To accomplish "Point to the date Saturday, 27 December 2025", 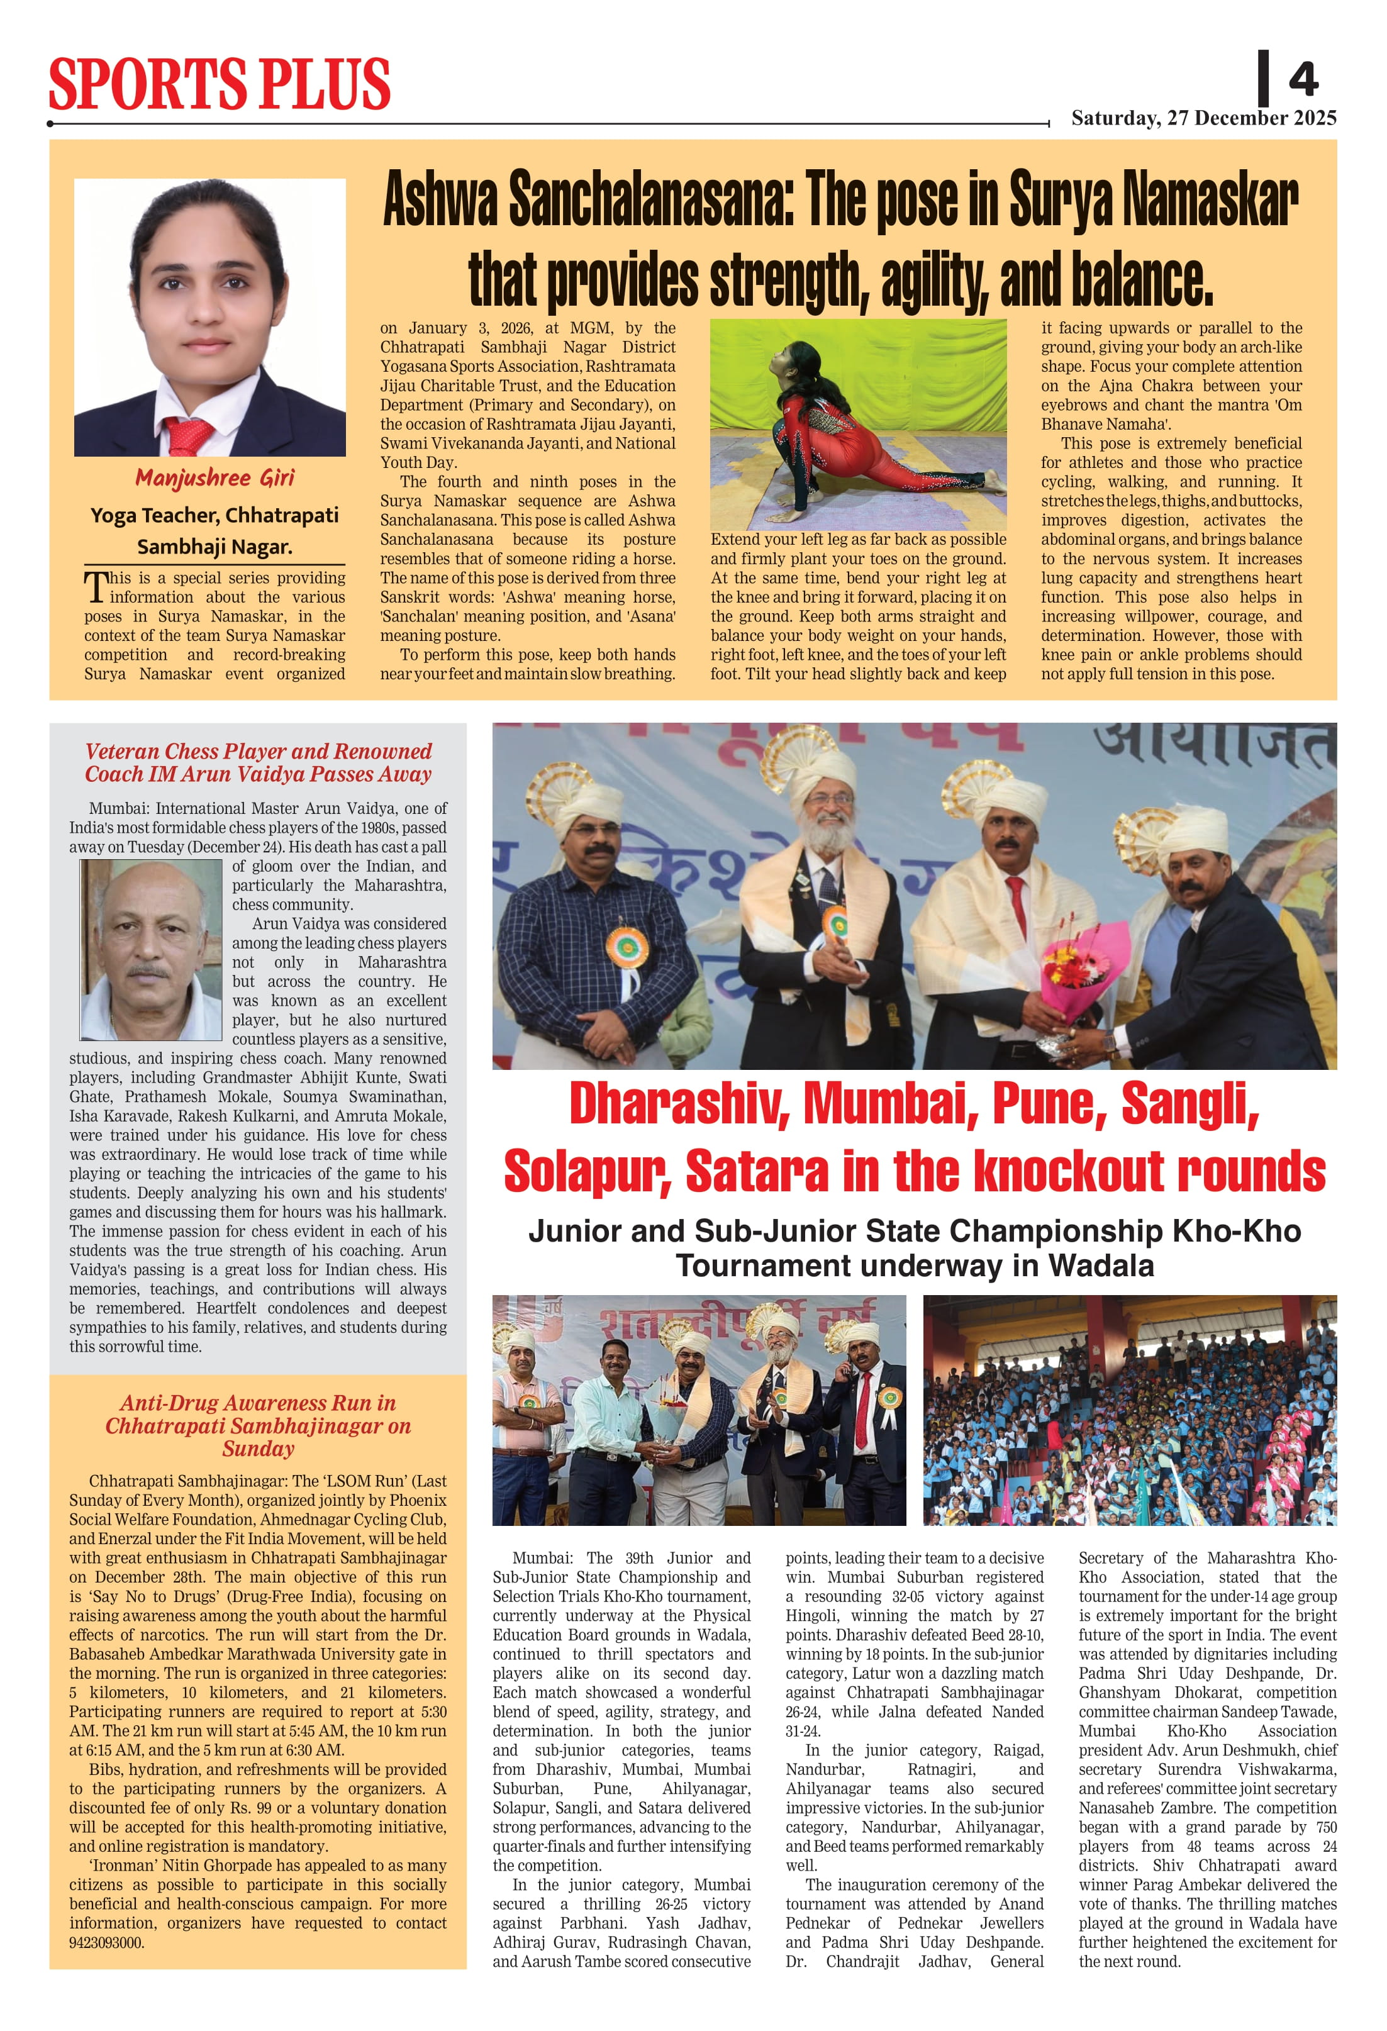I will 1203,118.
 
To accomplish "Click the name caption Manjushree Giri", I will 214,478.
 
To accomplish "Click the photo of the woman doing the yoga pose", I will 857,424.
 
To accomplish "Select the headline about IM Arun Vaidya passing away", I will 258,762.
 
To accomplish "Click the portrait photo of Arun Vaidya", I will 151,949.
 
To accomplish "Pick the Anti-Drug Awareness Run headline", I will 258,1425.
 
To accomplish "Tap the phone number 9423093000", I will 107,1943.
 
